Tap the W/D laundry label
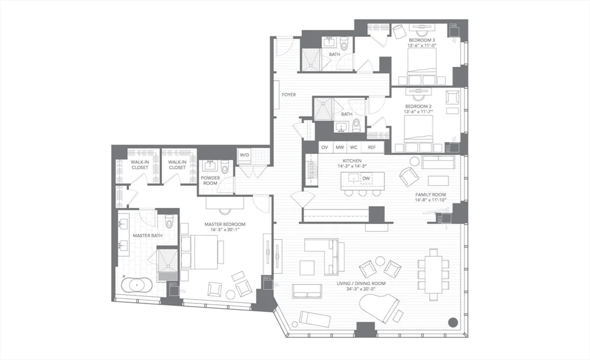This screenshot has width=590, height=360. pos(244,155)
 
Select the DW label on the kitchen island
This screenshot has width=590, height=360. pos(366,179)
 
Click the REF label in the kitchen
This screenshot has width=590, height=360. pos(372,147)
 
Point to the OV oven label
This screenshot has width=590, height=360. pos(324,147)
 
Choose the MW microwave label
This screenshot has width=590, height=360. pos(340,147)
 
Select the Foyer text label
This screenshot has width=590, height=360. pos(289,94)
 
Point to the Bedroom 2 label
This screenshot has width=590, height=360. pos(418,107)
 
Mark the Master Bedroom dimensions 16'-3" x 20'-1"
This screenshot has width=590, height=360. pos(225,230)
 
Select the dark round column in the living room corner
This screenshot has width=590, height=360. pos(453,322)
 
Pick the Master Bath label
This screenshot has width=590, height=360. pos(147,235)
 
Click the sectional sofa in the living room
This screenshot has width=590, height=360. pos(323,254)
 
